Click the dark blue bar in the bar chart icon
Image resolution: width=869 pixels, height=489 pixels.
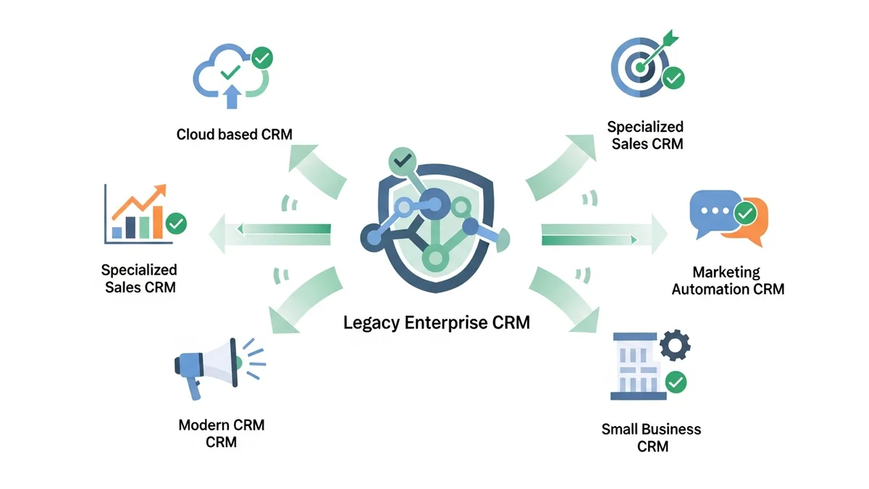coord(132,227)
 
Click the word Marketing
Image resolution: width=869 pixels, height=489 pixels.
coord(726,272)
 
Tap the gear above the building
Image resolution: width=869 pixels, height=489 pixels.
coord(673,346)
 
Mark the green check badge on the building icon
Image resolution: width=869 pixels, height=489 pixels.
coord(676,381)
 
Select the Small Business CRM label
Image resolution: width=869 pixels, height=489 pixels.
coord(651,438)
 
